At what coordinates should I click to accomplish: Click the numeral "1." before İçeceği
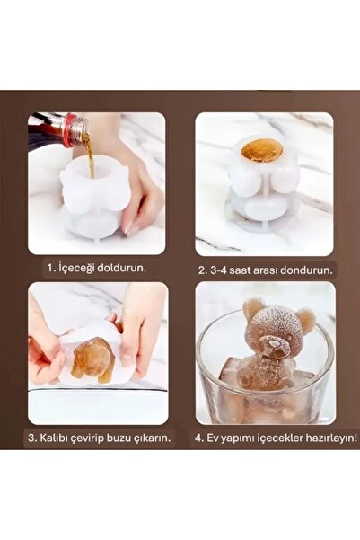click(49, 268)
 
